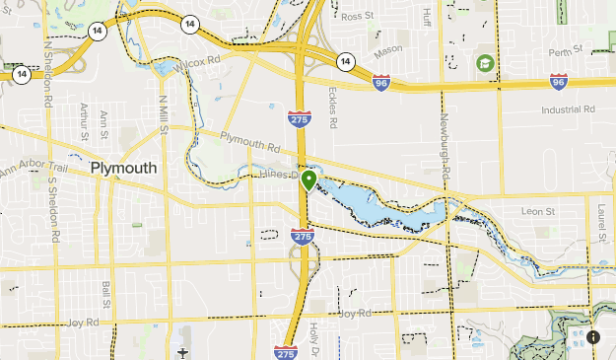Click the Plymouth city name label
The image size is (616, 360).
(123, 169)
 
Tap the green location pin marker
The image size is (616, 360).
(309, 180)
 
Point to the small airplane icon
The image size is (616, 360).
(183, 351)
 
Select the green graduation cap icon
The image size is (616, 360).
(485, 64)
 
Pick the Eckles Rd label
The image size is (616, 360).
(332, 106)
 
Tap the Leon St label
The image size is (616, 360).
(537, 211)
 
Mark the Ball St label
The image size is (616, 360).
(105, 295)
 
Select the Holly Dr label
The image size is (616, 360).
(314, 337)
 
